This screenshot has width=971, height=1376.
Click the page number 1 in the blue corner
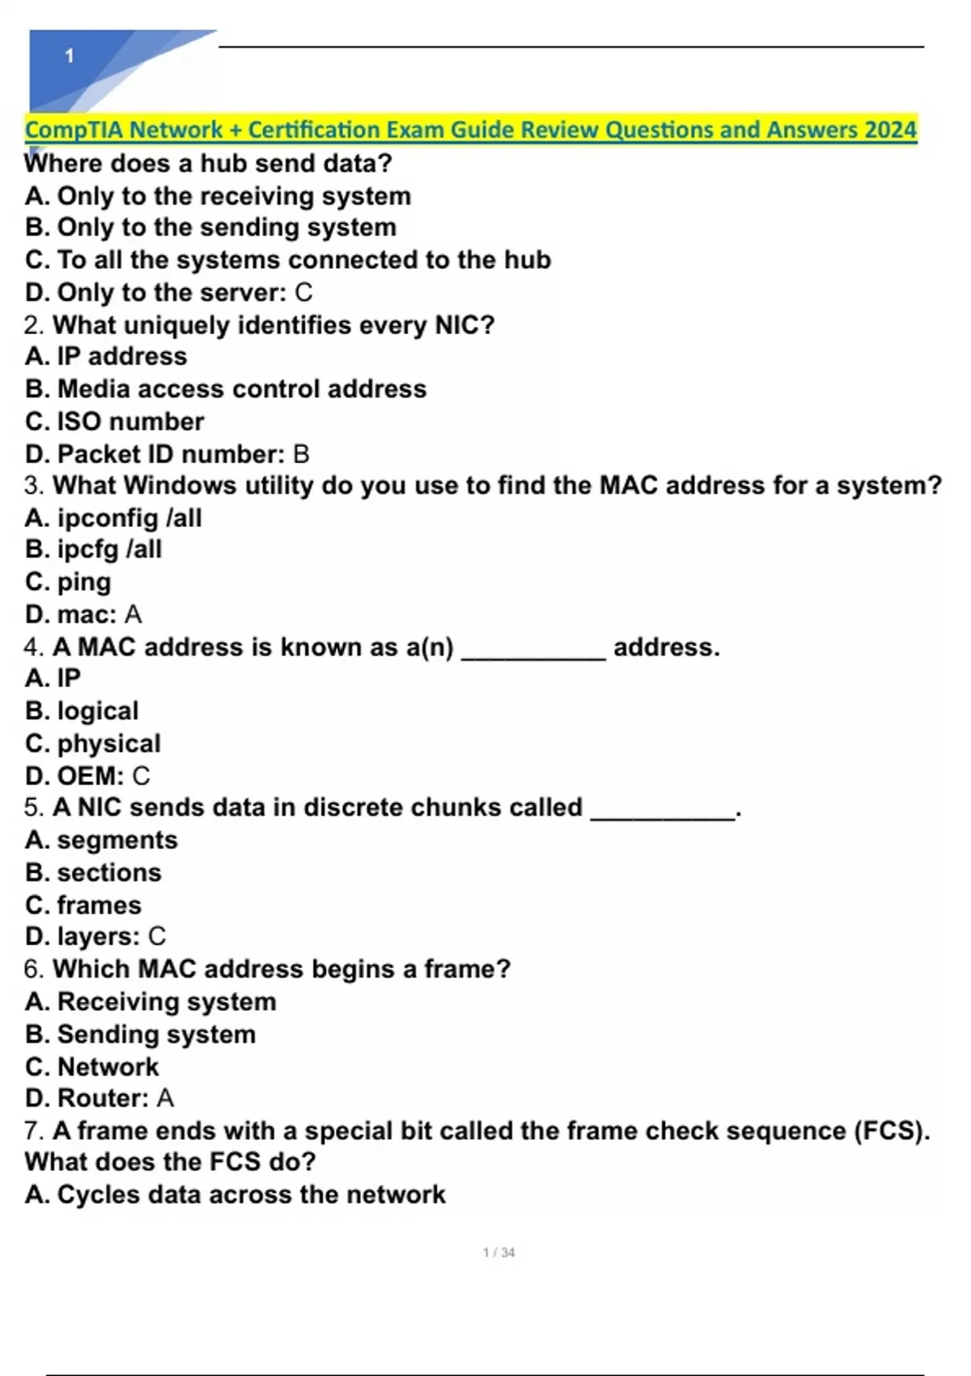70,56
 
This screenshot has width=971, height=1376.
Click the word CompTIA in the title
74,130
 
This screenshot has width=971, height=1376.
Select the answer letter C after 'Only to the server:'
303,292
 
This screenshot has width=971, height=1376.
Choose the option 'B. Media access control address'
226,389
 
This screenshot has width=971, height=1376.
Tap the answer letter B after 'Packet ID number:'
301,454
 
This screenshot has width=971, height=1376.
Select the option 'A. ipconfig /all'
113,518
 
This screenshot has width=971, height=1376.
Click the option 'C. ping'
69,582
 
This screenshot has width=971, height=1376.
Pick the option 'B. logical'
82,711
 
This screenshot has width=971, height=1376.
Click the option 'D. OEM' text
74,775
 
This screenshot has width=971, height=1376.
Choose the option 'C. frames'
83,905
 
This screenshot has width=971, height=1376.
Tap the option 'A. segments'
101,840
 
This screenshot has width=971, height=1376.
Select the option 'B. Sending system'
141,1034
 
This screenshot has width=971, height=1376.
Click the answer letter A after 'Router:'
165,1098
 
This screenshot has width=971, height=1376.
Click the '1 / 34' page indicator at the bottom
498,1253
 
